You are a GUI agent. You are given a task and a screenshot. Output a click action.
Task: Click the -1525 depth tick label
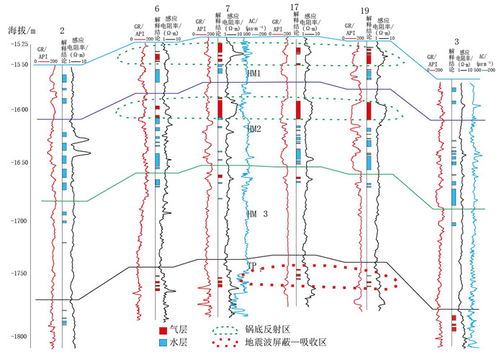[x=20, y=44]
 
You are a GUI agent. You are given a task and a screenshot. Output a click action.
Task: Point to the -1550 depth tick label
[x=20, y=65]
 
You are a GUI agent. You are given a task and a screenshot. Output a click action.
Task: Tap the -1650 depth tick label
[x=20, y=163]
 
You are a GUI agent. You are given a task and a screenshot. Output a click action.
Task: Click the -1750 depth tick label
[x=20, y=273]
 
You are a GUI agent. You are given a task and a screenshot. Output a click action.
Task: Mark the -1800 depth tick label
[x=20, y=336]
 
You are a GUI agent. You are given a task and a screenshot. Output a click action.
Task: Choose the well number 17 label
[x=294, y=6]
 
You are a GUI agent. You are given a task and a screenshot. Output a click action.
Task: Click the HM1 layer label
[x=253, y=73]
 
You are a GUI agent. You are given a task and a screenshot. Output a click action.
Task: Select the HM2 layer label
[x=253, y=128]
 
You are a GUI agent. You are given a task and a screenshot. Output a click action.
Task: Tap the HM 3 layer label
[x=257, y=214]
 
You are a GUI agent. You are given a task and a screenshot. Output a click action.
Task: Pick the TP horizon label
[x=252, y=266]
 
